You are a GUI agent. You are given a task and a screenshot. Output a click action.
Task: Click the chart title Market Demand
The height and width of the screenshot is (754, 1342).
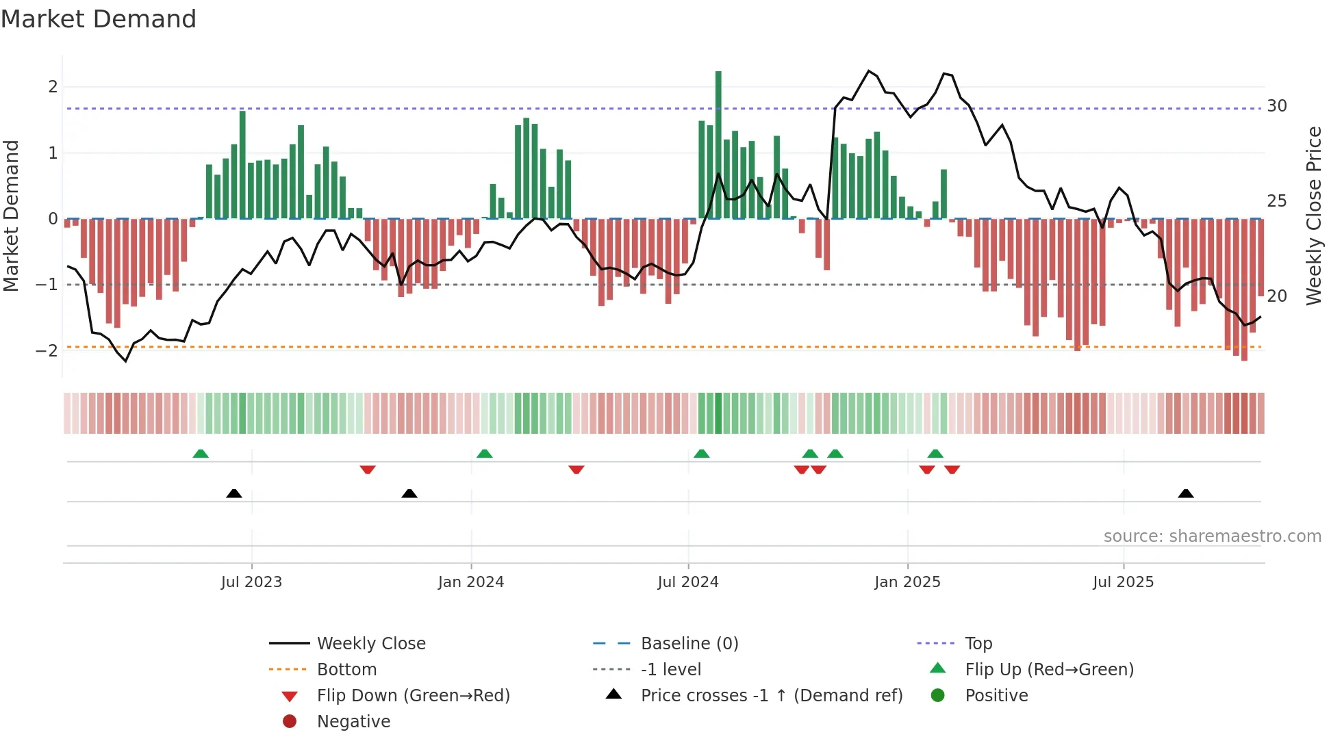pyautogui.click(x=99, y=19)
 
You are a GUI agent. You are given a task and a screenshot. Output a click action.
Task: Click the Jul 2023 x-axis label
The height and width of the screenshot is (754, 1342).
pyautogui.click(x=251, y=582)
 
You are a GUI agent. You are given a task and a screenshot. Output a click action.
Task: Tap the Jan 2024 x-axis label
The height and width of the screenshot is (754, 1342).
pyautogui.click(x=471, y=582)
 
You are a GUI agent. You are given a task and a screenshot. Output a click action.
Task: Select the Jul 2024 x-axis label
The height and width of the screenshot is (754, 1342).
pyautogui.click(x=688, y=582)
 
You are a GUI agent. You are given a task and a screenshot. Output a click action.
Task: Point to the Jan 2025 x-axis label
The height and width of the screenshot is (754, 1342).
pyautogui.click(x=907, y=582)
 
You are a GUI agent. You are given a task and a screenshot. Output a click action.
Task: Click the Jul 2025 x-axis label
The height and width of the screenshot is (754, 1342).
pyautogui.click(x=1123, y=582)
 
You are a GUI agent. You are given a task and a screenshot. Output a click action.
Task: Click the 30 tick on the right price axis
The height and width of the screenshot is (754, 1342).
pyautogui.click(x=1276, y=106)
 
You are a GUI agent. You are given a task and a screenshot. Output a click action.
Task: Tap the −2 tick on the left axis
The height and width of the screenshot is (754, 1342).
pyautogui.click(x=47, y=350)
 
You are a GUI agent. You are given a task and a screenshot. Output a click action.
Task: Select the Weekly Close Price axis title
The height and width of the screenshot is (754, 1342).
pyautogui.click(x=1313, y=216)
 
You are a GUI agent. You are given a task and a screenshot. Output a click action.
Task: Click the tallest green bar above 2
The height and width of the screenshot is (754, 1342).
pyautogui.click(x=718, y=144)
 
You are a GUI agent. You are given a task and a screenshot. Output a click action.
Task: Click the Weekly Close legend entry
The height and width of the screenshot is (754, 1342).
pyautogui.click(x=370, y=644)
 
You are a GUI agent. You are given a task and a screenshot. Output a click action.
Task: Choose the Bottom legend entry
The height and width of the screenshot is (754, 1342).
pyautogui.click(x=346, y=670)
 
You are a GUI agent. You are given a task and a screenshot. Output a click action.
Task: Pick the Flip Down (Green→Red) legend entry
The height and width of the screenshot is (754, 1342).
pyautogui.click(x=413, y=696)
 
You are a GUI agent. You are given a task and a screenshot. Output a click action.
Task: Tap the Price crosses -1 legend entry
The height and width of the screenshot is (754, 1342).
pyautogui.click(x=771, y=696)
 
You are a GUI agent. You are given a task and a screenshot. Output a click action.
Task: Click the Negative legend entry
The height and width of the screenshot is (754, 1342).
pyautogui.click(x=353, y=722)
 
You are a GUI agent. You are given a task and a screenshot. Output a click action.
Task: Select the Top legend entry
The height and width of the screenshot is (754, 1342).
pyautogui.click(x=978, y=644)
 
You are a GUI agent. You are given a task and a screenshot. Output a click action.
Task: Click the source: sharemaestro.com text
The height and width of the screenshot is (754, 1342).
pyautogui.click(x=1212, y=536)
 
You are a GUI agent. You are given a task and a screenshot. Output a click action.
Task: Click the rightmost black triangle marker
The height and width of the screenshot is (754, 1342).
pyautogui.click(x=1186, y=493)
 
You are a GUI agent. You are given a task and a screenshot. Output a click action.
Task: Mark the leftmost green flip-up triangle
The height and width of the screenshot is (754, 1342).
pyautogui.click(x=201, y=454)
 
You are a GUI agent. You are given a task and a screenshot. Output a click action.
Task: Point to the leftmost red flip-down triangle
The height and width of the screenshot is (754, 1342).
pyautogui.click(x=368, y=469)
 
